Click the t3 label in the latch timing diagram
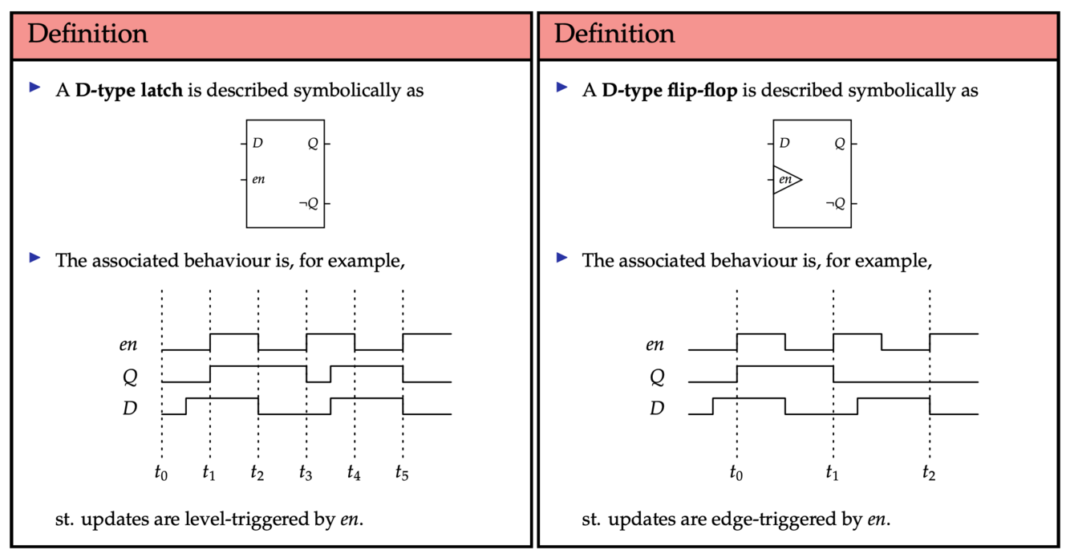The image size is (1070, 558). pos(306,473)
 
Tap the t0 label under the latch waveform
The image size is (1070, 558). pos(161,473)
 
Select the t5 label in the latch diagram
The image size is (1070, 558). pos(402,473)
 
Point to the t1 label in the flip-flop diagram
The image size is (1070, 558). pos(833,473)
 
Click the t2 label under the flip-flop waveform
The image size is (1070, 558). pos(929,473)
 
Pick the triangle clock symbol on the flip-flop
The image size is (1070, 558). pos(786,180)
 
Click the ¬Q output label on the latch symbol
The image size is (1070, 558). pos(309,203)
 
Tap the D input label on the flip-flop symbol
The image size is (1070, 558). pos(784,143)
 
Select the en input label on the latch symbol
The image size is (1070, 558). pos(258,179)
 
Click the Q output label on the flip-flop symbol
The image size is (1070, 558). pos(840,144)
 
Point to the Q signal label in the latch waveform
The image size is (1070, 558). pos(128,377)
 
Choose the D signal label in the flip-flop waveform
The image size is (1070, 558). pos(656,409)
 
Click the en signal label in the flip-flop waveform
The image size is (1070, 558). pos(655,344)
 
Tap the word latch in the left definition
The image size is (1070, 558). pos(164,90)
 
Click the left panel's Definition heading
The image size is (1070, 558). pos(87,35)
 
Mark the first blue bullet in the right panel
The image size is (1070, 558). pos(561,87)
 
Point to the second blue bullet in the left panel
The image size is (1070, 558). pos(34,258)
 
